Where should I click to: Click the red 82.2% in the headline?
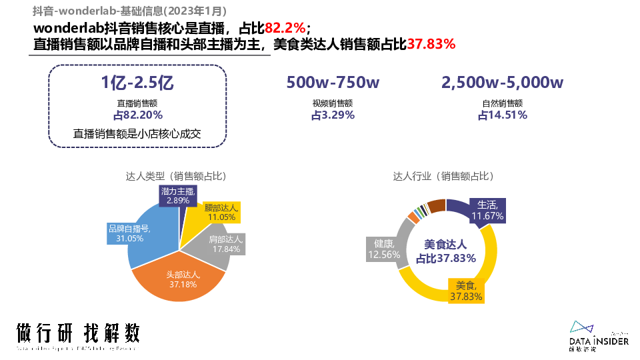coord(285,28)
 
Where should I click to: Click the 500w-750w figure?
coord(333,83)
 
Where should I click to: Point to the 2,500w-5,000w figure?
coord(502,83)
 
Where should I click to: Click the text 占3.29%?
coord(333,115)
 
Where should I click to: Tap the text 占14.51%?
coord(502,115)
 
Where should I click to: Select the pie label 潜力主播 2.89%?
coord(178,195)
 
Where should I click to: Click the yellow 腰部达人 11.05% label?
coord(221,212)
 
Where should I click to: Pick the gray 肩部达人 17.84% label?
coord(225,244)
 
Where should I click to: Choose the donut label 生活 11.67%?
coord(489,210)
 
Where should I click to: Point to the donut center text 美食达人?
coord(446,244)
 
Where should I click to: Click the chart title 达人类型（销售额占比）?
coord(176,177)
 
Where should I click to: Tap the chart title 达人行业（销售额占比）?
coord(443,177)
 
